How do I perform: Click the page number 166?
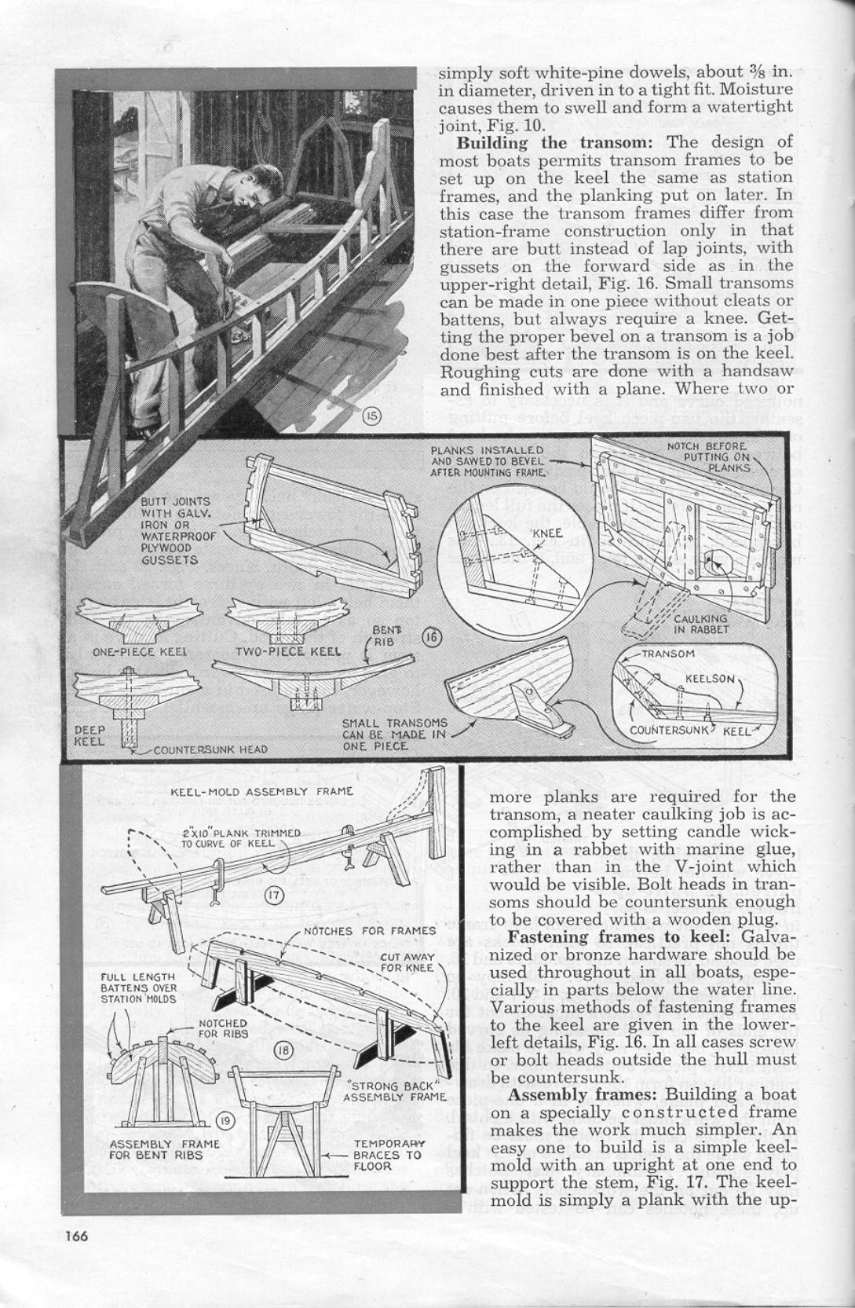[76, 1236]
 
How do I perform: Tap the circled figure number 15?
[373, 416]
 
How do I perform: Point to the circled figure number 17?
[272, 894]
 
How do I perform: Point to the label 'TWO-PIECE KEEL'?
[288, 651]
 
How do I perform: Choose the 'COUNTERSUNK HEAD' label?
[210, 749]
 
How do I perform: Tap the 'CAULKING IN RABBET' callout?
[702, 623]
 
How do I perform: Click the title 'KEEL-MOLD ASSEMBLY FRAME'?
[261, 791]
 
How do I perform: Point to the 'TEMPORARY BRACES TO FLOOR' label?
[388, 1155]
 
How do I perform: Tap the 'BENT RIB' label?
[384, 636]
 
